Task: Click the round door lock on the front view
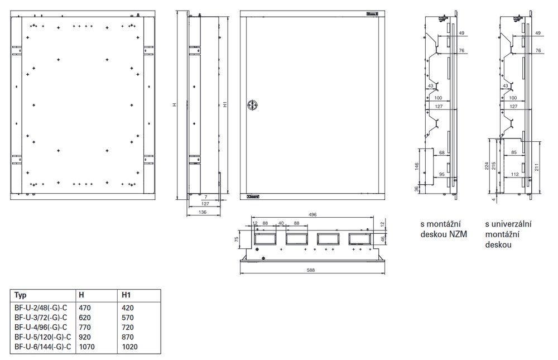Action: click(x=252, y=105)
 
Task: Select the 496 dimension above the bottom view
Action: click(x=312, y=214)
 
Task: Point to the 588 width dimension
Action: click(x=311, y=270)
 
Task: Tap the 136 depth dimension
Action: click(x=202, y=212)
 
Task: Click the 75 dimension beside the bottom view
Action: click(x=236, y=239)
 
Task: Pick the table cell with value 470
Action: click(x=85, y=308)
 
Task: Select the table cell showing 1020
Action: click(x=129, y=347)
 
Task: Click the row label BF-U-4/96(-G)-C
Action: click(x=41, y=327)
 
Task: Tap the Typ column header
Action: click(x=20, y=295)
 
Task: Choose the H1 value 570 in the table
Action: click(x=127, y=317)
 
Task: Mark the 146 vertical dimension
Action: click(x=417, y=167)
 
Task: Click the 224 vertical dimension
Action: click(x=487, y=166)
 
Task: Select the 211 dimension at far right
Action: click(x=537, y=167)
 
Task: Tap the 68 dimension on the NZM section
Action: click(x=441, y=153)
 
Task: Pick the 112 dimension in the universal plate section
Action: click(x=514, y=174)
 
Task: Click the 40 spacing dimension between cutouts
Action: click(x=281, y=223)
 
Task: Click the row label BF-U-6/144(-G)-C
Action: click(x=43, y=347)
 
